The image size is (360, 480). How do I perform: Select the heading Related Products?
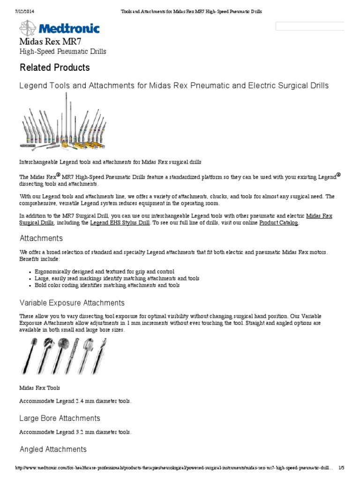pos(54,67)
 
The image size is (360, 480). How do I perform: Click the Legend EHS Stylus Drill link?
pos(120,223)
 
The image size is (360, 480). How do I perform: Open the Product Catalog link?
pos(278,223)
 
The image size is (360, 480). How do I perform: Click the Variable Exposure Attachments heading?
pos(72,303)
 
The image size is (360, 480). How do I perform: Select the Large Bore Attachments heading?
pos(60,418)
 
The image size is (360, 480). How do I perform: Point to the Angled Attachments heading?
pos(53,449)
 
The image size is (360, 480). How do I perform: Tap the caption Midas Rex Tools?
pos(39,388)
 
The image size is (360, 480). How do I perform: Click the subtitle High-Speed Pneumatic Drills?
pos(62,52)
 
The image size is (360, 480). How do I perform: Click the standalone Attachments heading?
pos(41,239)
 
